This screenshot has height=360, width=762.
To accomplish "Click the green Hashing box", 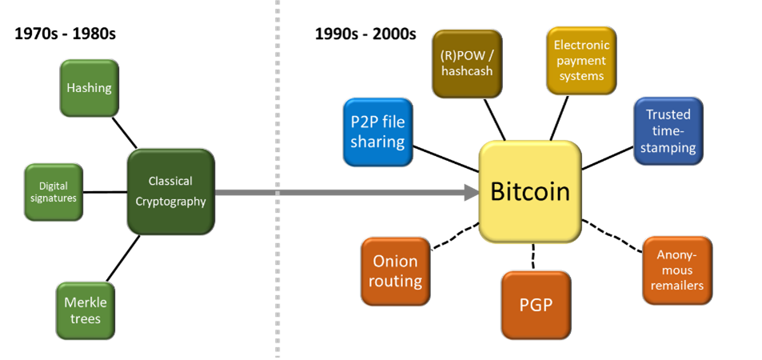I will tap(89, 88).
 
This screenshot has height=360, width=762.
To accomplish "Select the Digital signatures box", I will tap(54, 192).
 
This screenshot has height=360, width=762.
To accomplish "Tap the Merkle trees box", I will tap(86, 310).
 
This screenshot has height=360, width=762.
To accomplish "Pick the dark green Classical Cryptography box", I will tap(170, 192).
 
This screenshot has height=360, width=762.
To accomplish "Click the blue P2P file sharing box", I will tap(377, 132).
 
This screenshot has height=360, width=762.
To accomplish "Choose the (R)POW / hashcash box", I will tap(467, 63).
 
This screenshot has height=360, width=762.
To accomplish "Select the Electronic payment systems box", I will tap(581, 60).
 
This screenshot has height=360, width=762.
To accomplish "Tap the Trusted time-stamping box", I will tap(668, 131).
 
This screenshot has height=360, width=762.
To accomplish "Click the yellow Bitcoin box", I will tap(529, 192).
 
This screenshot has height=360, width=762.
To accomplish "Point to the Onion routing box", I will tap(395, 271).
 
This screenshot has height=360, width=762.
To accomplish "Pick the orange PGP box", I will tap(536, 305).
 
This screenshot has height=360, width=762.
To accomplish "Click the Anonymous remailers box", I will tap(676, 270).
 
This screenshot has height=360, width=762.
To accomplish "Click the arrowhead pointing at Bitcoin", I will tap(470, 192).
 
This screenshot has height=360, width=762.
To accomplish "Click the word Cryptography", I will tap(170, 202).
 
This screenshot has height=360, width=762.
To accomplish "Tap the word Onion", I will tap(395, 262).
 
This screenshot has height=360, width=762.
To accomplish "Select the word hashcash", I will tap(467, 71).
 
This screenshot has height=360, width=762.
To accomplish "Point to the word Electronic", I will tap(581, 45).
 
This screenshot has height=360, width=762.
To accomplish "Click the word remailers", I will tap(676, 286).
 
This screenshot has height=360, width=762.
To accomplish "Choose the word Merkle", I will tap(86, 302).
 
